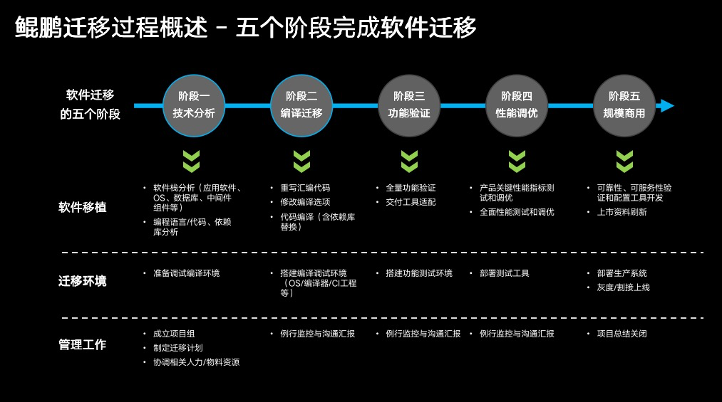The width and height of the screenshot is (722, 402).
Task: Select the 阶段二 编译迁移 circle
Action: pos(301,105)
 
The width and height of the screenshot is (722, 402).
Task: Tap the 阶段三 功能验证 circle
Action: pos(409,105)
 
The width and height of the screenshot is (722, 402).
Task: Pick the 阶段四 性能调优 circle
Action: pos(517,105)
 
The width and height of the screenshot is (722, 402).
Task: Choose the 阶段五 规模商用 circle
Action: pos(624,105)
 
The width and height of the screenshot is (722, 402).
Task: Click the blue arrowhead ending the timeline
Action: pos(666,106)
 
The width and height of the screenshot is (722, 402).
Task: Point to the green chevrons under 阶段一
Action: pos(191,162)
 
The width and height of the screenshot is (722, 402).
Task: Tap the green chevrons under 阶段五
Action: pos(624,162)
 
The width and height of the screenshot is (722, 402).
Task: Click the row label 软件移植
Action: pos(83,208)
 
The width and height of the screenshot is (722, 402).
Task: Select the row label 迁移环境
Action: pos(83,281)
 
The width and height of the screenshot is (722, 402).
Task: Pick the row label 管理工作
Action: pos(83,345)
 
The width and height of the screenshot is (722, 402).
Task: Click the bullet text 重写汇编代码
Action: pos(305,189)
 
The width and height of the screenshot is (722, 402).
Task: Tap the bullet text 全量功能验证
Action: pos(411,189)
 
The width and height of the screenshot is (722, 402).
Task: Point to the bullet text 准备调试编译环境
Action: pos(186,273)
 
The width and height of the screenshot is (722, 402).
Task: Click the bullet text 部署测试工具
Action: pos(504,273)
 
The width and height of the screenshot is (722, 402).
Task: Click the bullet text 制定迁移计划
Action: pos(178,348)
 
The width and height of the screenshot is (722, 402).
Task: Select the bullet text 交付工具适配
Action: pos(411,202)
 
